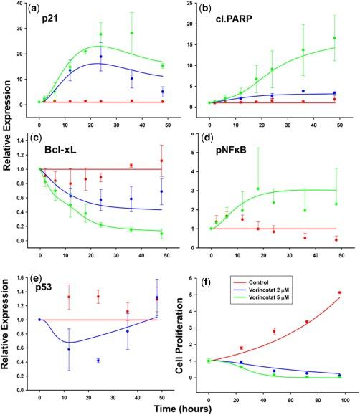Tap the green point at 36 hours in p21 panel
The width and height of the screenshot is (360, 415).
click(x=132, y=33)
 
